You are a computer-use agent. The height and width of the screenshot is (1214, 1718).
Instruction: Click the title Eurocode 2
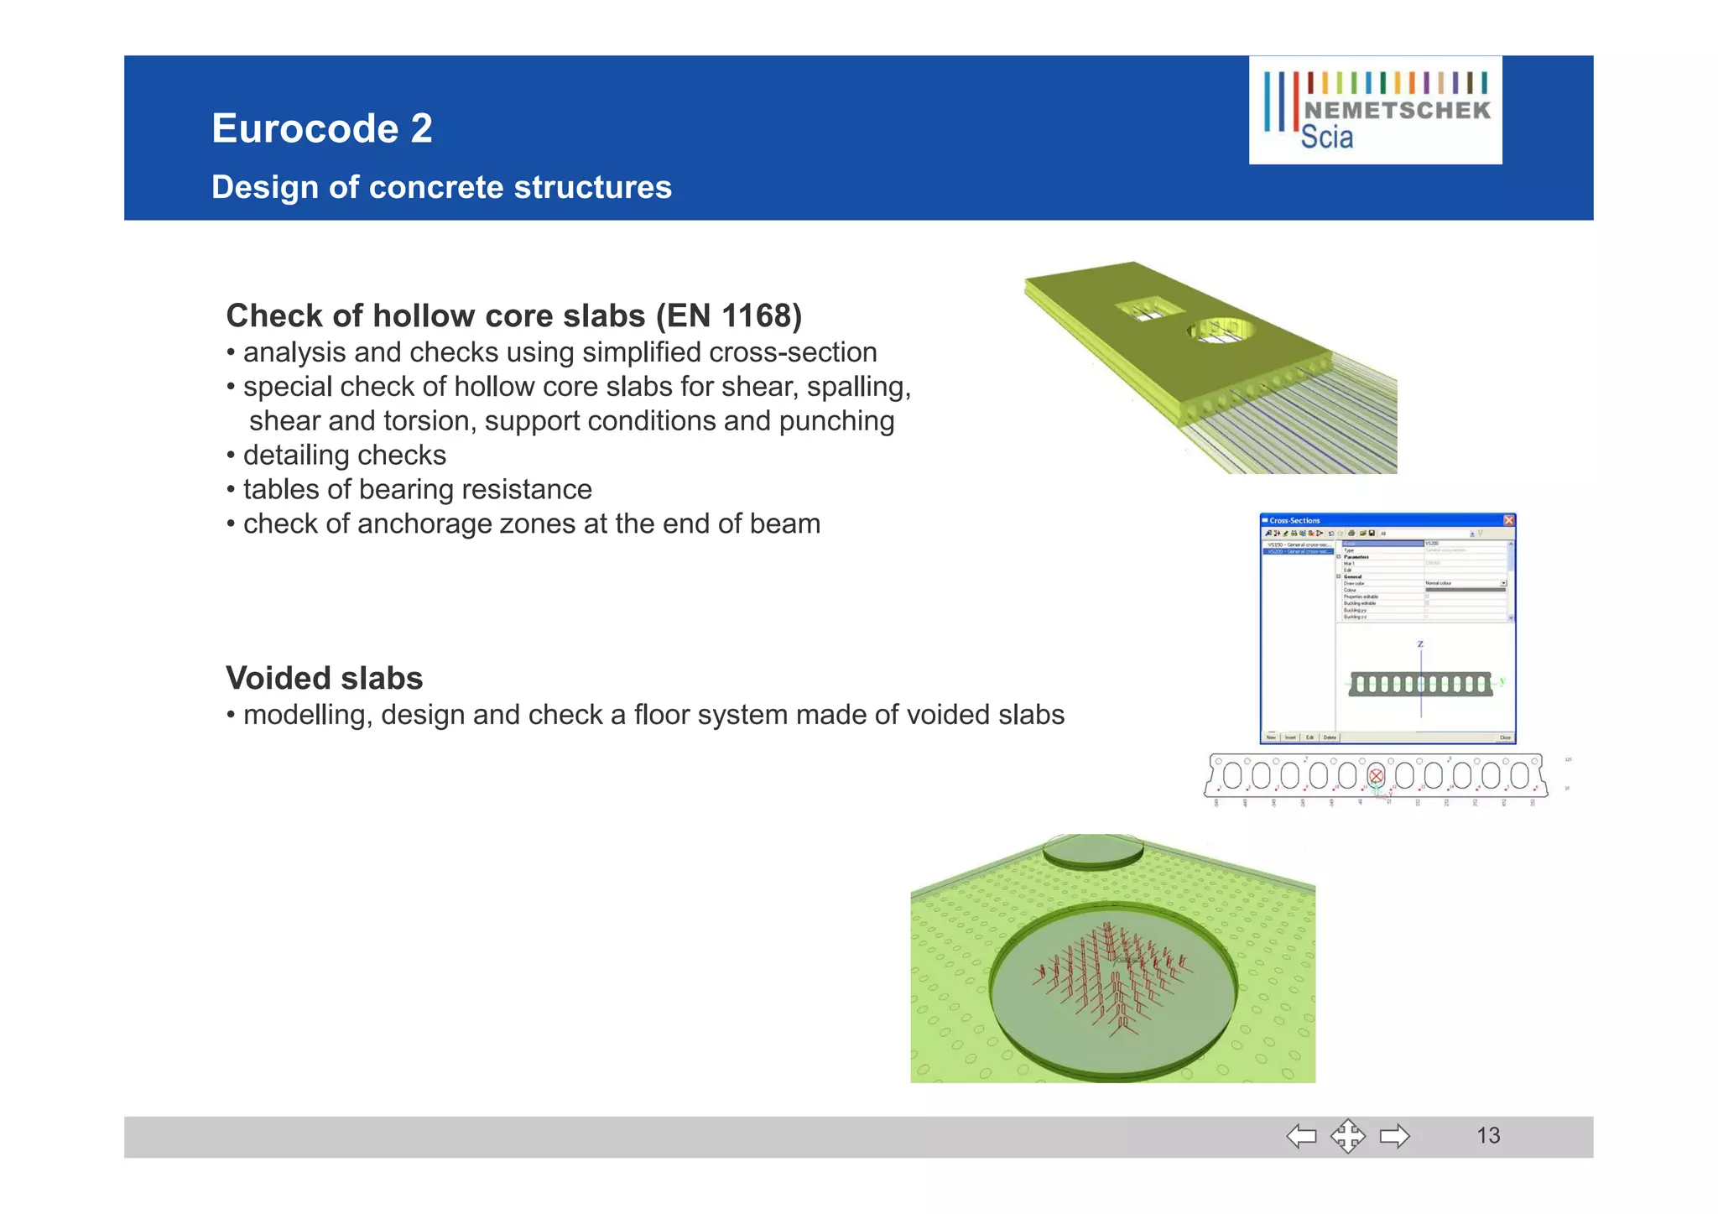pos(321,128)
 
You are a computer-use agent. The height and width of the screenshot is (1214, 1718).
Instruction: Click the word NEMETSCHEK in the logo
pos(1397,111)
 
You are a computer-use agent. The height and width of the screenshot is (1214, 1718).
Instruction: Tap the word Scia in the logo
pos(1326,138)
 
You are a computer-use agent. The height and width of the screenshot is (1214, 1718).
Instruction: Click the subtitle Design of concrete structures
pos(441,187)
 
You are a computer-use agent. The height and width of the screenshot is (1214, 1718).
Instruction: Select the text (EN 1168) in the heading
pos(728,316)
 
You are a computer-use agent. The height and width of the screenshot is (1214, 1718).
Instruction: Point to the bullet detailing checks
pos(344,456)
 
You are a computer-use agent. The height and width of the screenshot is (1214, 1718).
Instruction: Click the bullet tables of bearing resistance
pos(417,490)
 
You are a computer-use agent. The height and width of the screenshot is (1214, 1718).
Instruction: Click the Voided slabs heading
pos(325,678)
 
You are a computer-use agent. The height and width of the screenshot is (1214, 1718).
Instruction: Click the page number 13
pos(1487,1136)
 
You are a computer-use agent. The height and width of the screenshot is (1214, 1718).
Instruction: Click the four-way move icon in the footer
pos(1347,1137)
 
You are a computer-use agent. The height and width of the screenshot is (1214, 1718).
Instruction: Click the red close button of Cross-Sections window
pos(1508,520)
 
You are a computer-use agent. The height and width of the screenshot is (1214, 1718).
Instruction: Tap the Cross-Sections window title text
pos(1294,521)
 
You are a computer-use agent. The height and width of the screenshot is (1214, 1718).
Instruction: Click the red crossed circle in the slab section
pos(1376,776)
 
